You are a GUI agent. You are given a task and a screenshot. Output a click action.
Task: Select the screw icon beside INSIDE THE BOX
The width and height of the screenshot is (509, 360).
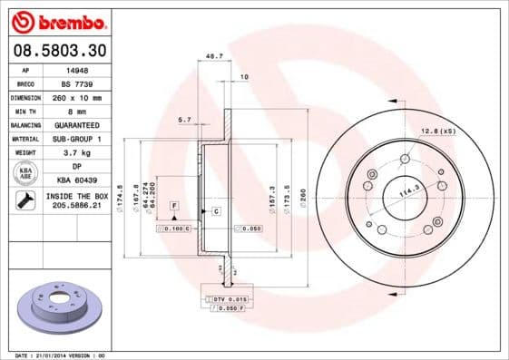tap(26, 201)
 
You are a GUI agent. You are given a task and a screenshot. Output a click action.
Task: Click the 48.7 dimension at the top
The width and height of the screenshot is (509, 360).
tap(214, 56)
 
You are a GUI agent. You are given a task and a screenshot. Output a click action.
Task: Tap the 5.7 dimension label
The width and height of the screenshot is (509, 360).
tap(184, 120)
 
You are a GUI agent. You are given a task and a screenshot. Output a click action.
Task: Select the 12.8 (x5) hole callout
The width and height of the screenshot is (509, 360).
tap(436, 132)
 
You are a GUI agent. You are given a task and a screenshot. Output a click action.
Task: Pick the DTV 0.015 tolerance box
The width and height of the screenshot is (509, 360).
tap(229, 298)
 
